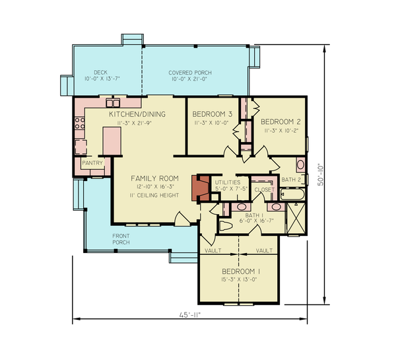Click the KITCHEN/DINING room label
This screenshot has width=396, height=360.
click(x=137, y=114)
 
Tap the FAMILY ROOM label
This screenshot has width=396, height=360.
click(x=155, y=178)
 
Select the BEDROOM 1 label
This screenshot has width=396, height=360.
click(x=241, y=271)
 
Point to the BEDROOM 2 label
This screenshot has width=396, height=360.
click(x=280, y=122)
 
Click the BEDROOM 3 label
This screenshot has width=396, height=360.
click(x=212, y=114)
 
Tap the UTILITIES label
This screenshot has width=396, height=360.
click(x=227, y=181)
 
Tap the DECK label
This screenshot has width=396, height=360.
click(x=100, y=73)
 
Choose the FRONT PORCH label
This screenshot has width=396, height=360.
click(x=120, y=239)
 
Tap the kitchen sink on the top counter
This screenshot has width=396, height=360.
click(x=114, y=102)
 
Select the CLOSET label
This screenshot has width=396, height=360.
click(x=264, y=189)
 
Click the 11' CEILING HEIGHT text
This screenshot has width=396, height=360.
click(x=155, y=195)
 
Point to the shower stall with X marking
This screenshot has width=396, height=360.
click(x=296, y=219)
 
